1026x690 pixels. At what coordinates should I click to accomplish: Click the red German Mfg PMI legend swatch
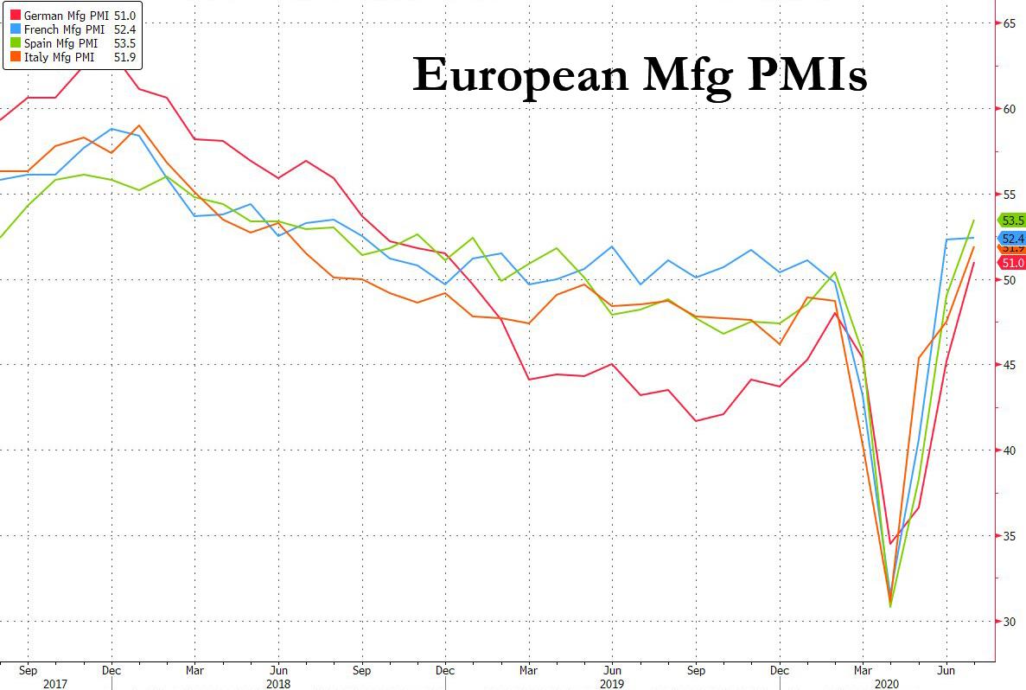coord(15,16)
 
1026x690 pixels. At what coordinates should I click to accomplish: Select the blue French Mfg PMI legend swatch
coord(15,29)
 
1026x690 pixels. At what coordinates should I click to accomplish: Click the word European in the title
coord(520,74)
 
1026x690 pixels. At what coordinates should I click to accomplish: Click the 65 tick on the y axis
coord(1009,23)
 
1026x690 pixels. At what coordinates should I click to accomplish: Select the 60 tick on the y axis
coord(1009,109)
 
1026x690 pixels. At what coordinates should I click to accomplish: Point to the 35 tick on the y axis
coord(1009,536)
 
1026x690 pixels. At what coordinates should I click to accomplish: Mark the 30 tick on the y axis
coord(1009,622)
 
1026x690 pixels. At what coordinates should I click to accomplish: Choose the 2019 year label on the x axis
coord(610,683)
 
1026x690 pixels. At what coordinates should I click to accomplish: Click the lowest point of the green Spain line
coord(890,606)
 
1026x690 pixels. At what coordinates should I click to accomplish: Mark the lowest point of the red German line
coord(890,544)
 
